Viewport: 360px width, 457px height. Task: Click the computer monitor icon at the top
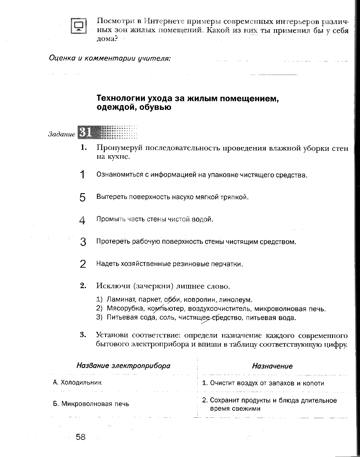(x=79, y=26)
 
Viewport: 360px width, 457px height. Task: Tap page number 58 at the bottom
(x=81, y=437)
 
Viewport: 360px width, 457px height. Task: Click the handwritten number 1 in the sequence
(x=82, y=175)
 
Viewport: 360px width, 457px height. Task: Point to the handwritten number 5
(x=82, y=198)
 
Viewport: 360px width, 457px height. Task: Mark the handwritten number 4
(x=82, y=220)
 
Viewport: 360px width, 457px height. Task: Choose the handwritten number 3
(x=83, y=242)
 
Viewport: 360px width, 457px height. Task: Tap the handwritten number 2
(x=82, y=264)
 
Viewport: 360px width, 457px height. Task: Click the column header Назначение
(x=272, y=366)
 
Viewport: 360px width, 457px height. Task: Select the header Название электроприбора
(x=123, y=366)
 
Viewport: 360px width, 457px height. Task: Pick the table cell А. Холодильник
(x=77, y=382)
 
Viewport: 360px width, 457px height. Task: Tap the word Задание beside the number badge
(x=62, y=134)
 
